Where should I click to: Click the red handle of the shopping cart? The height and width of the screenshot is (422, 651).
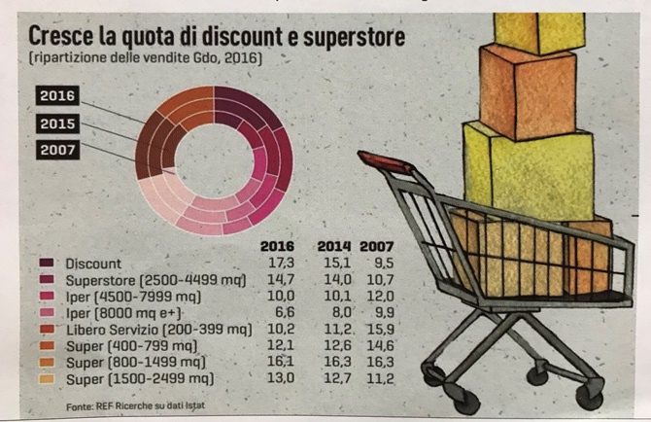tap(385, 161)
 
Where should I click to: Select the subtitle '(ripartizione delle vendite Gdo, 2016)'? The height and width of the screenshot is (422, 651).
tap(146, 60)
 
